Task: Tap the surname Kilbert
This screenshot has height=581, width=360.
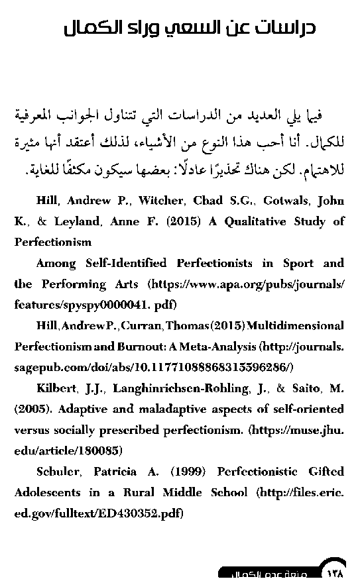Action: (x=57, y=388)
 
